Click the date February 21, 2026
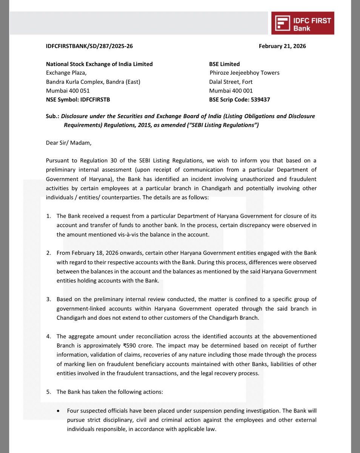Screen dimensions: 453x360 click(282, 46)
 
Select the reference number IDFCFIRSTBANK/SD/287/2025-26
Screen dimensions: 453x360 click(89, 46)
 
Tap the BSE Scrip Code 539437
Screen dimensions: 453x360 click(239, 100)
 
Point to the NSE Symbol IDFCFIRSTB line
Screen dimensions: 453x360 click(78, 100)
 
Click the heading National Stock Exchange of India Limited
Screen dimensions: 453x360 click(99, 64)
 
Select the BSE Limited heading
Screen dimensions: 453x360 click(224, 64)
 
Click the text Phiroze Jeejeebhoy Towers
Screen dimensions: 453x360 click(245, 73)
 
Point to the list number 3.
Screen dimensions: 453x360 click(48, 299)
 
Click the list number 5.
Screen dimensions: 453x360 click(48, 392)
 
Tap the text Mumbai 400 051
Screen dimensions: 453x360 click(68, 91)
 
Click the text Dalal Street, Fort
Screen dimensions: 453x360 click(231, 82)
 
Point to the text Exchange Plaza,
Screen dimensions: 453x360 click(66, 73)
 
